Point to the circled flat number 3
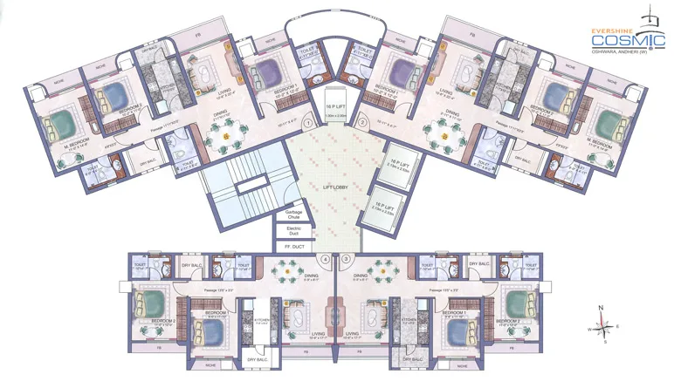tap(347, 259)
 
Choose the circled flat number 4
tap(326, 259)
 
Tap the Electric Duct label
tap(293, 232)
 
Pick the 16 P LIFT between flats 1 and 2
tap(335, 106)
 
